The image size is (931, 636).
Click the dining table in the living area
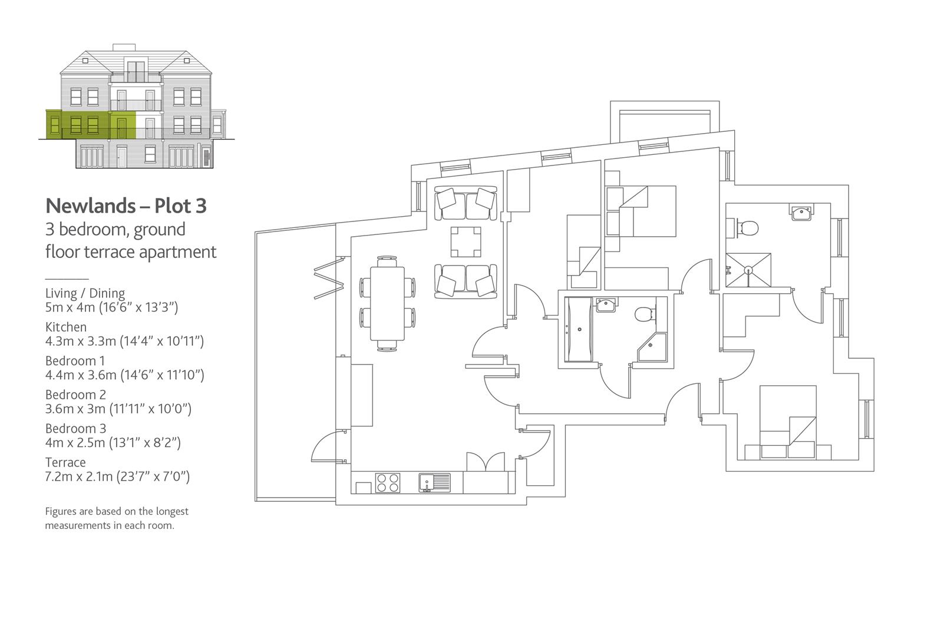coord(387,303)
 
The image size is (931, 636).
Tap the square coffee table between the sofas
coord(465,242)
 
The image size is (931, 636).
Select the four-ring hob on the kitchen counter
coord(387,482)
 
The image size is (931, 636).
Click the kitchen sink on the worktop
coord(434,482)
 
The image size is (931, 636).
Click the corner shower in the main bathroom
coord(653,347)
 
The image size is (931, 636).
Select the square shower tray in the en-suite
coord(748,270)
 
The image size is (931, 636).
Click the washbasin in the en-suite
coord(801,213)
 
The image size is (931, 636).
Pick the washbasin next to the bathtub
coord(606,306)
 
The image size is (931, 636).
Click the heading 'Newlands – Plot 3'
coord(126,206)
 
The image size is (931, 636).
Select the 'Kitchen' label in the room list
coord(66,327)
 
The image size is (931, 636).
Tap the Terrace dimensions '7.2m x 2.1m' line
coord(117,476)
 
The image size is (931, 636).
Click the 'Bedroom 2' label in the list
coord(75,395)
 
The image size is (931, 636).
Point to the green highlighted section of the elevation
coord(91,124)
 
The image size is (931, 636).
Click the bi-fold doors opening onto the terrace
coord(329,277)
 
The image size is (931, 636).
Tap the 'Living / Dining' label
coord(85,293)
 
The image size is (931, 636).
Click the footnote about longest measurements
coord(117,518)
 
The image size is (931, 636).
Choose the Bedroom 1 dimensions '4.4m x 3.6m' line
coord(124,375)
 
